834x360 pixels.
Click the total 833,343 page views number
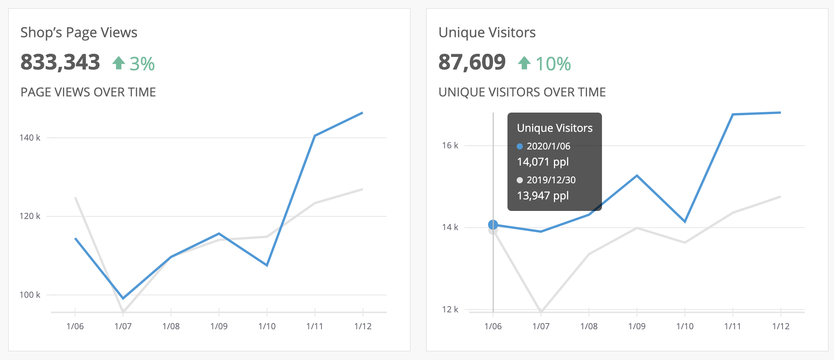(60, 62)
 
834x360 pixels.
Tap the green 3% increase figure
(142, 64)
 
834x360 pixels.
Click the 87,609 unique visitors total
(472, 62)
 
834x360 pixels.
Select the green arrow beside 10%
(524, 63)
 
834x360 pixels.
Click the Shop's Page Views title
(79, 33)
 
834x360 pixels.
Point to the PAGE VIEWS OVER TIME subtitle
(88, 92)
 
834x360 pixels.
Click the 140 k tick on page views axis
(30, 138)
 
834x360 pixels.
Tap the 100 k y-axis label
(30, 295)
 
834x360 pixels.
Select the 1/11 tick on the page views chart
(315, 326)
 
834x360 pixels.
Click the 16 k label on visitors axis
(450, 145)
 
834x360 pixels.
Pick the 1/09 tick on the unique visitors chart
(637, 326)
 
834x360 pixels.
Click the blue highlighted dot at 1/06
(493, 225)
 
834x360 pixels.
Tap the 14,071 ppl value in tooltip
(542, 162)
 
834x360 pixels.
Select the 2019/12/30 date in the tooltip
(551, 180)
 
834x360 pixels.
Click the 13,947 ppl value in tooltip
(542, 196)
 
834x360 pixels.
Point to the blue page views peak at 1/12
(362, 113)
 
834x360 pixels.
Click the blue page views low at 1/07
(123, 298)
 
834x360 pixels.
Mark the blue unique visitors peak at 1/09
(637, 176)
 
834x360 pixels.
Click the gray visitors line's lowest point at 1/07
(541, 311)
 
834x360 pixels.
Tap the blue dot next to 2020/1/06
(520, 146)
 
